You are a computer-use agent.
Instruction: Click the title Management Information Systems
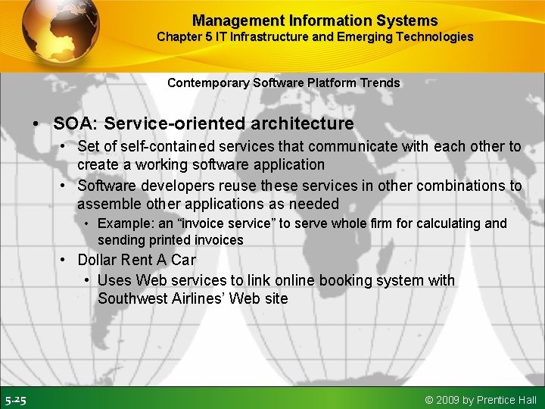314,20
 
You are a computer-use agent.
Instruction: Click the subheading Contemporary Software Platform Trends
283,83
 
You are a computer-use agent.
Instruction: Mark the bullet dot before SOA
36,123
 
